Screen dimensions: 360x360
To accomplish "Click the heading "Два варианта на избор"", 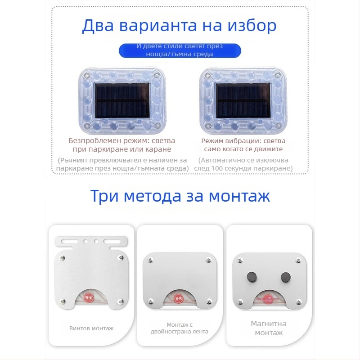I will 179,26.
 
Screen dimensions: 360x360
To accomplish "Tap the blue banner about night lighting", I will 180,50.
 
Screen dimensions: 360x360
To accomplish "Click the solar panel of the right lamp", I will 243,100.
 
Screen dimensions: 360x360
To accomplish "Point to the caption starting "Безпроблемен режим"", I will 121,144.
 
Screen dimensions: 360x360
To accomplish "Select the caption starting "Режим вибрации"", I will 243,144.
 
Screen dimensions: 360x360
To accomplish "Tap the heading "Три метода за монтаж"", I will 180,196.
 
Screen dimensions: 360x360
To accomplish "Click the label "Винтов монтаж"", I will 91,328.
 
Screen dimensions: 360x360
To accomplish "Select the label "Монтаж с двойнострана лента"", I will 180,328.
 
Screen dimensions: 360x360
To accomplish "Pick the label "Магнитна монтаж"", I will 269,328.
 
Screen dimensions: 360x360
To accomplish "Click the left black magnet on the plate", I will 249,276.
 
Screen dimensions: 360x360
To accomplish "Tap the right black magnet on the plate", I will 285,276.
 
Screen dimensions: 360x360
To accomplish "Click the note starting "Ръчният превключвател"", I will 121,164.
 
